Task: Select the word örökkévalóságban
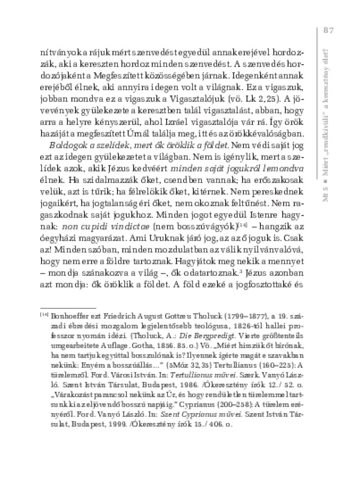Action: pos(267,135)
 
